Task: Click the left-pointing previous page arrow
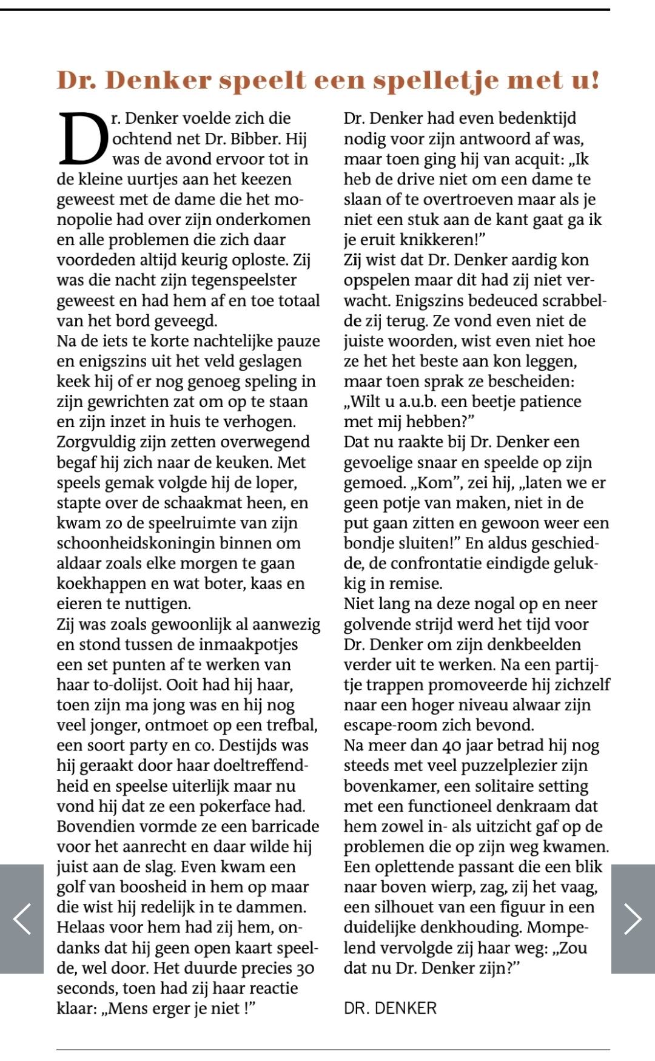[22, 918]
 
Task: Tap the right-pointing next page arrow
[633, 918]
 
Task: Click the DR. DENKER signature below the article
[390, 1008]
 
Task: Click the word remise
[417, 584]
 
